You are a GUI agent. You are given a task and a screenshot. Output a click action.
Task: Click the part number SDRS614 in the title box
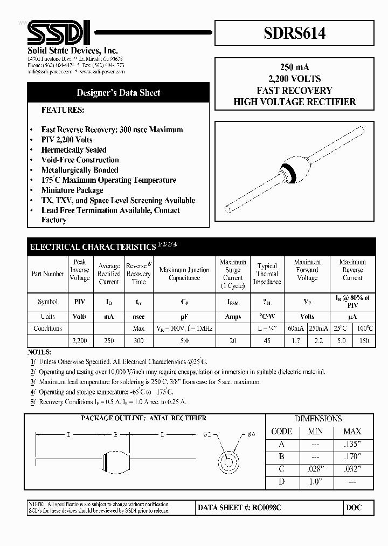[x=294, y=34]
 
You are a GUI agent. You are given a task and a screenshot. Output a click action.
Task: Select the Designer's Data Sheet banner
[x=118, y=93]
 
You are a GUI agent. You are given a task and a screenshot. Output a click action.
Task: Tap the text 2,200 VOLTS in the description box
[x=294, y=79]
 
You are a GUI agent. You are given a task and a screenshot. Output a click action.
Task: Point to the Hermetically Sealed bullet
[x=74, y=150]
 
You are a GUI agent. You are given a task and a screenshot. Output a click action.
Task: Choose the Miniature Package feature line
[x=72, y=190]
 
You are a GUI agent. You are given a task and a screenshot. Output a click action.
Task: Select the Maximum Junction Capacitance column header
[x=184, y=274]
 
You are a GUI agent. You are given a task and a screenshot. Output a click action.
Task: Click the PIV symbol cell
[x=80, y=302]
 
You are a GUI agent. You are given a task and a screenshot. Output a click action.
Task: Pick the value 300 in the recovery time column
[x=138, y=341]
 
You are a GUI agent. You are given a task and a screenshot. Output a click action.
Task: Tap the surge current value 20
[x=233, y=341]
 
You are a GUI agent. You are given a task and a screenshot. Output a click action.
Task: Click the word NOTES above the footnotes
[x=39, y=351]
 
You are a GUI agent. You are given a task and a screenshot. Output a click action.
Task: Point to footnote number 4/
[x=33, y=392]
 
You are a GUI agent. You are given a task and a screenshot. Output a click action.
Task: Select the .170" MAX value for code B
[x=352, y=457]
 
